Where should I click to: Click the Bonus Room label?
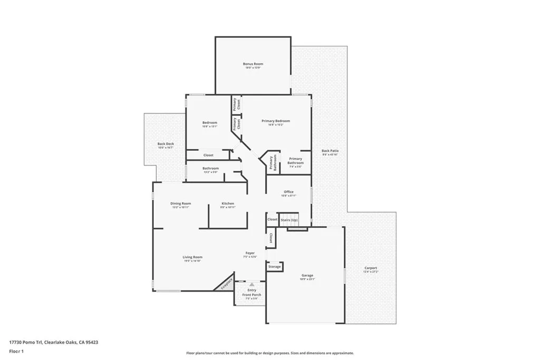click(253, 64)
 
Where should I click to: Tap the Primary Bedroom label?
click(276, 121)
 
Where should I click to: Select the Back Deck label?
click(166, 144)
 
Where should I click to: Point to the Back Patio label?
click(330, 151)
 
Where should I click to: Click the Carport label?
click(371, 268)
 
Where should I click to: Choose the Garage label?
click(307, 275)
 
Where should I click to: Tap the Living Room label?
click(192, 257)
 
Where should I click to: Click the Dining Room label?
click(180, 203)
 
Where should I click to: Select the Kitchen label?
click(228, 203)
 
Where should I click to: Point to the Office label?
click(288, 192)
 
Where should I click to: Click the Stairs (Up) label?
click(289, 219)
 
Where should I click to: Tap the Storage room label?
click(275, 267)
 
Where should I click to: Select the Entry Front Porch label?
click(252, 293)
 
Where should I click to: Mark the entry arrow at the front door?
click(252, 284)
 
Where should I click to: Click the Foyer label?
click(250, 253)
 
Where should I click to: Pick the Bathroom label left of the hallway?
click(210, 168)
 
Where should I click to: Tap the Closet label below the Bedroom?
click(208, 155)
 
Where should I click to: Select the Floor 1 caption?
click(16, 351)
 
